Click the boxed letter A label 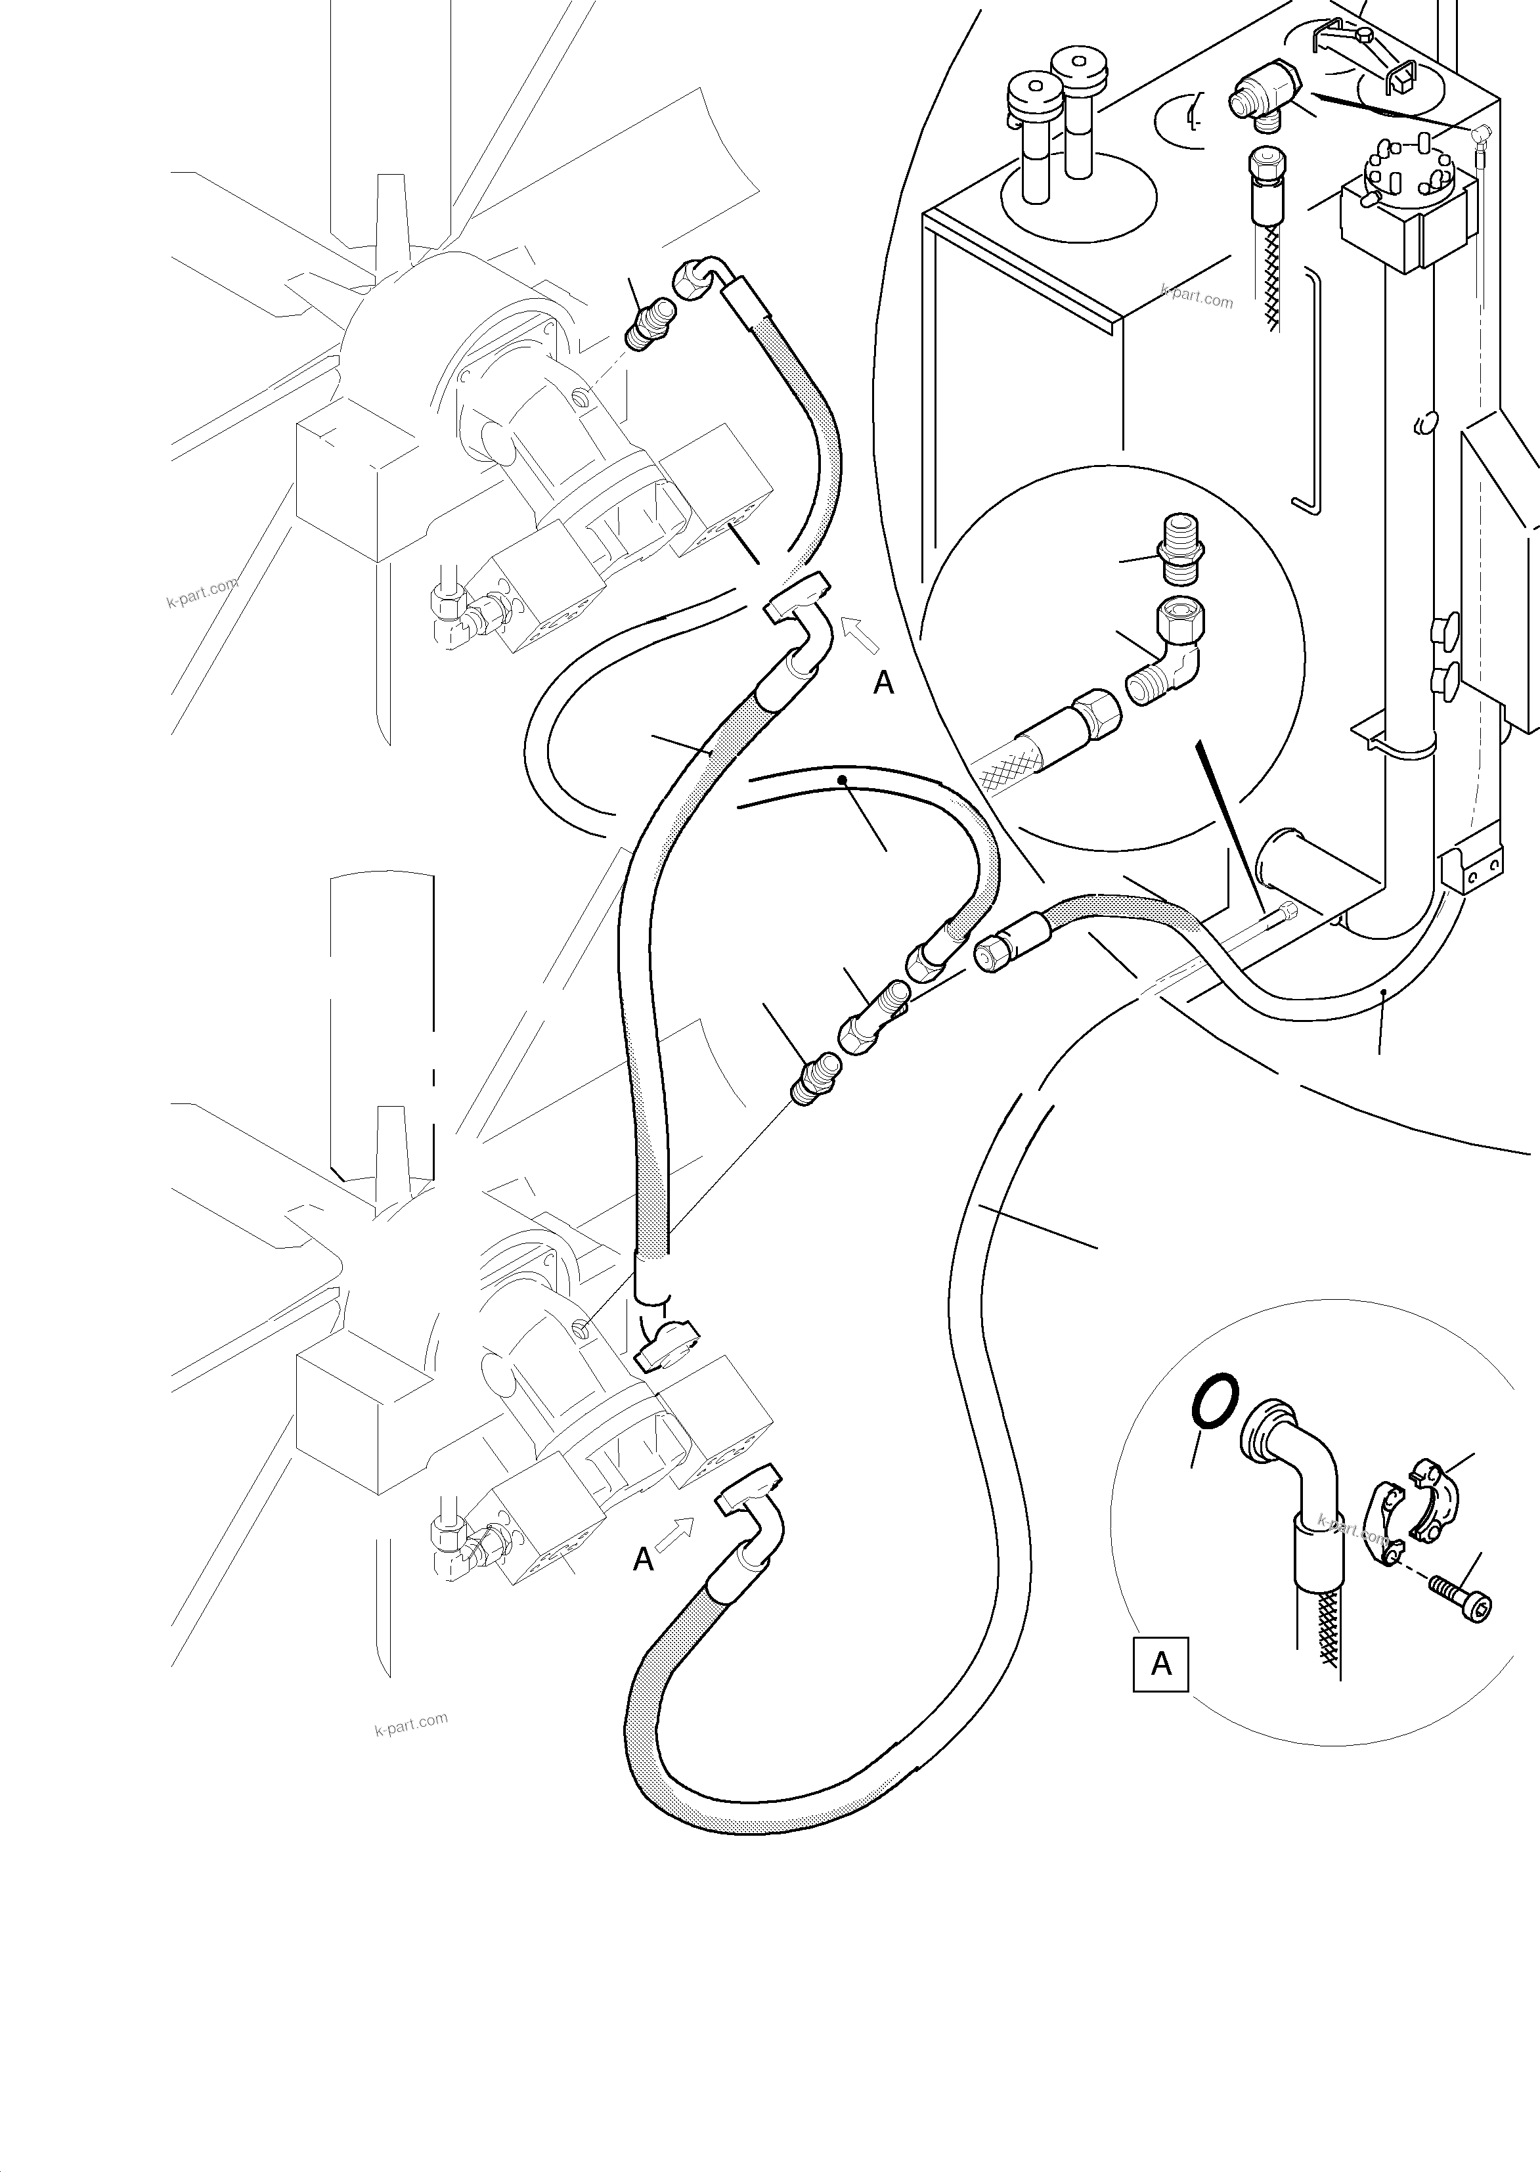pyautogui.click(x=1160, y=1664)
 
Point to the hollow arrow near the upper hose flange pyautogui.click(x=861, y=634)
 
